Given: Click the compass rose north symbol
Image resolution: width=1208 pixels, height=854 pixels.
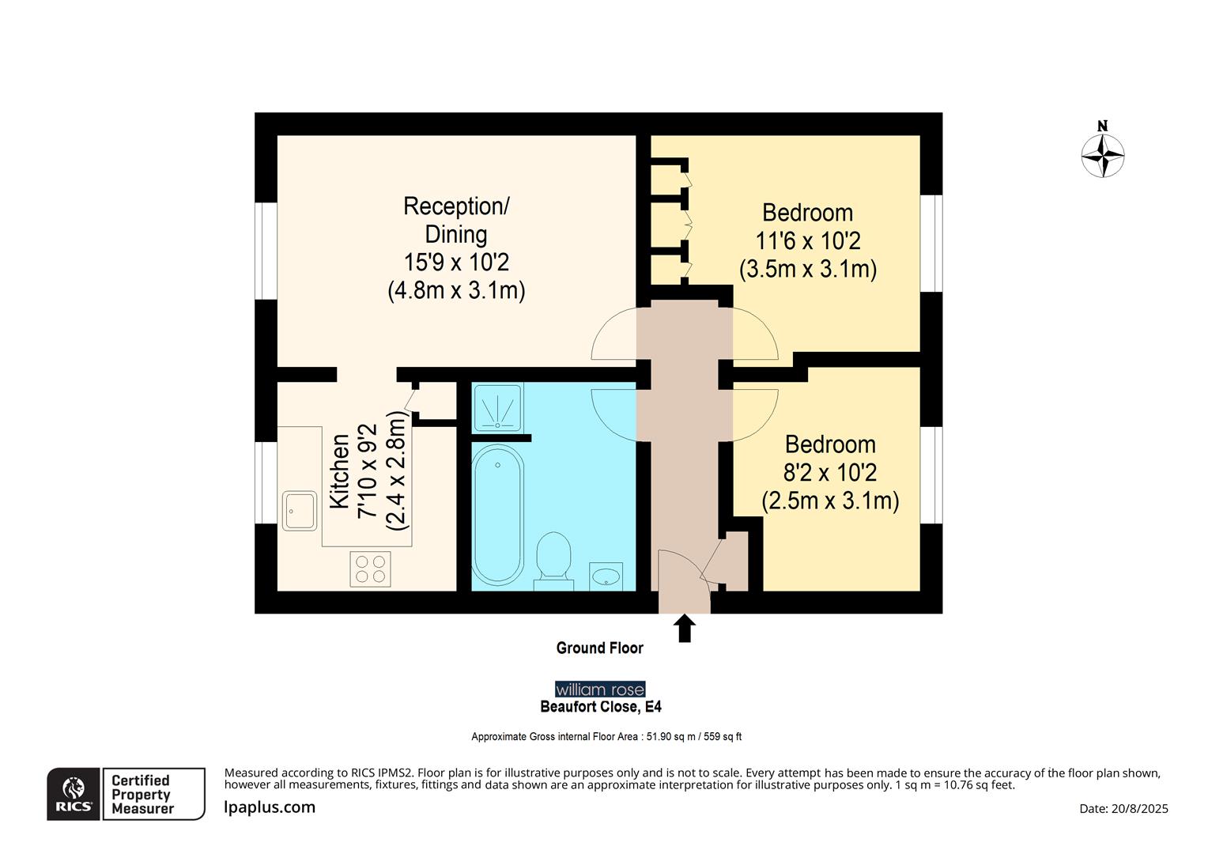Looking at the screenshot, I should (1103, 154).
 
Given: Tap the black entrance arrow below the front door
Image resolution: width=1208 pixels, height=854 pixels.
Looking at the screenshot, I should (685, 629).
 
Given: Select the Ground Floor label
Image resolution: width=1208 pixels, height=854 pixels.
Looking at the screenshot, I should (599, 648).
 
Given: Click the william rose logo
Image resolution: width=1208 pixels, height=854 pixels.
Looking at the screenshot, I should (600, 690).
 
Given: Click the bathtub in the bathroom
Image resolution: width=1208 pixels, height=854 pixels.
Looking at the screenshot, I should (497, 514).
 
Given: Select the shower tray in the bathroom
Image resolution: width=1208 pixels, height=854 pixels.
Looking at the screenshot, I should (497, 407).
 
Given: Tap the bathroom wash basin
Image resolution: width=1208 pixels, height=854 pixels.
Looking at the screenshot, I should (606, 576).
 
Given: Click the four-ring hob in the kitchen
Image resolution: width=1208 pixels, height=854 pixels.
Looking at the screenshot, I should (370, 569).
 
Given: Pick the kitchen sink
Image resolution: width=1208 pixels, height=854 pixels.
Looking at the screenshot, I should (300, 511).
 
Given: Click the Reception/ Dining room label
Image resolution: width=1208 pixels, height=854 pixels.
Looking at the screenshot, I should (456, 220).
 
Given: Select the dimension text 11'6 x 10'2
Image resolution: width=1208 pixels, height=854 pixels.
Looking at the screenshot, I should (807, 240).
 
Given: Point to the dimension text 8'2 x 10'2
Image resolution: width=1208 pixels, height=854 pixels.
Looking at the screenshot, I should (830, 473).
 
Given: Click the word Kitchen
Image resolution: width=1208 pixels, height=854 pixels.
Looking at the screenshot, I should (339, 471).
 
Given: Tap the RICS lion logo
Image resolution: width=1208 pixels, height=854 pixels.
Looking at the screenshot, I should (74, 793).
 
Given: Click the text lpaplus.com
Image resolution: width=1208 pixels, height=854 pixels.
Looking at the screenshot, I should (270, 807).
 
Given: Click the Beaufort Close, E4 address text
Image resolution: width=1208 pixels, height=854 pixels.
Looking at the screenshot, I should (601, 707).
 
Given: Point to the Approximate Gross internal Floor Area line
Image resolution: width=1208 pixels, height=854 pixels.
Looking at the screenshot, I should (606, 737).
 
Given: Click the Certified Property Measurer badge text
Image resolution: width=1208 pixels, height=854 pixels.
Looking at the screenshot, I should (142, 794).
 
